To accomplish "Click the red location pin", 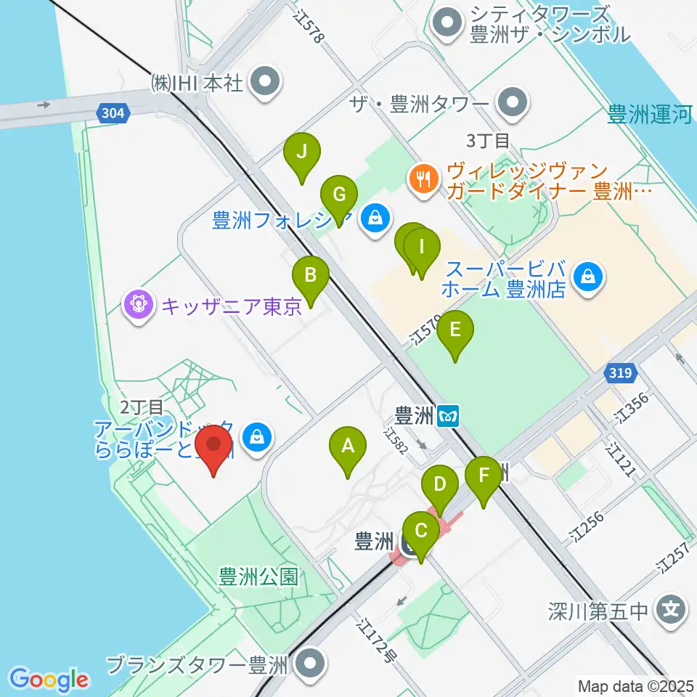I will (213, 449).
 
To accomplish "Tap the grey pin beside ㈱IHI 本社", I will (266, 82).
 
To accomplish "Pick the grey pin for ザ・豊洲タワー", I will (514, 102).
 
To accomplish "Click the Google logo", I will (49, 679).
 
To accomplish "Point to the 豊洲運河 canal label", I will (650, 115).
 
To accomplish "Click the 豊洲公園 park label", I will (258, 577).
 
